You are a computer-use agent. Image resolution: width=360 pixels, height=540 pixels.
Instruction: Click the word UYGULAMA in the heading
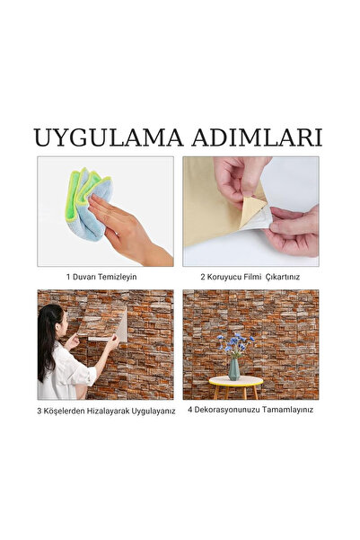(109, 137)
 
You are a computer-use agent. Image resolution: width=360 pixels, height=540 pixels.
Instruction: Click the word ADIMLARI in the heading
(257, 137)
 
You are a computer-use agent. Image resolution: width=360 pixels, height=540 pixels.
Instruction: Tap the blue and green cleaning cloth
(88, 203)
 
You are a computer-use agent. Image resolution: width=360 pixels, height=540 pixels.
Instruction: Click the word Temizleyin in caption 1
(117, 277)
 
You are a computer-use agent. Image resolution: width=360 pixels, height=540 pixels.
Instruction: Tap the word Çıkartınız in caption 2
(283, 277)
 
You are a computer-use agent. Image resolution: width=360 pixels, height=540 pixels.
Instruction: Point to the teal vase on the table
(234, 369)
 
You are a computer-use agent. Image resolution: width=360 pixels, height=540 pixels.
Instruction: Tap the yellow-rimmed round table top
(236, 381)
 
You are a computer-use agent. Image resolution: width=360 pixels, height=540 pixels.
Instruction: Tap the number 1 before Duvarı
(68, 277)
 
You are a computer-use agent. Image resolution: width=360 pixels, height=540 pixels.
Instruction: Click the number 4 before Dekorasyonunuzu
(189, 410)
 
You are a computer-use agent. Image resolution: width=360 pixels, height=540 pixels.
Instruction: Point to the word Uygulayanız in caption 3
(154, 412)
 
